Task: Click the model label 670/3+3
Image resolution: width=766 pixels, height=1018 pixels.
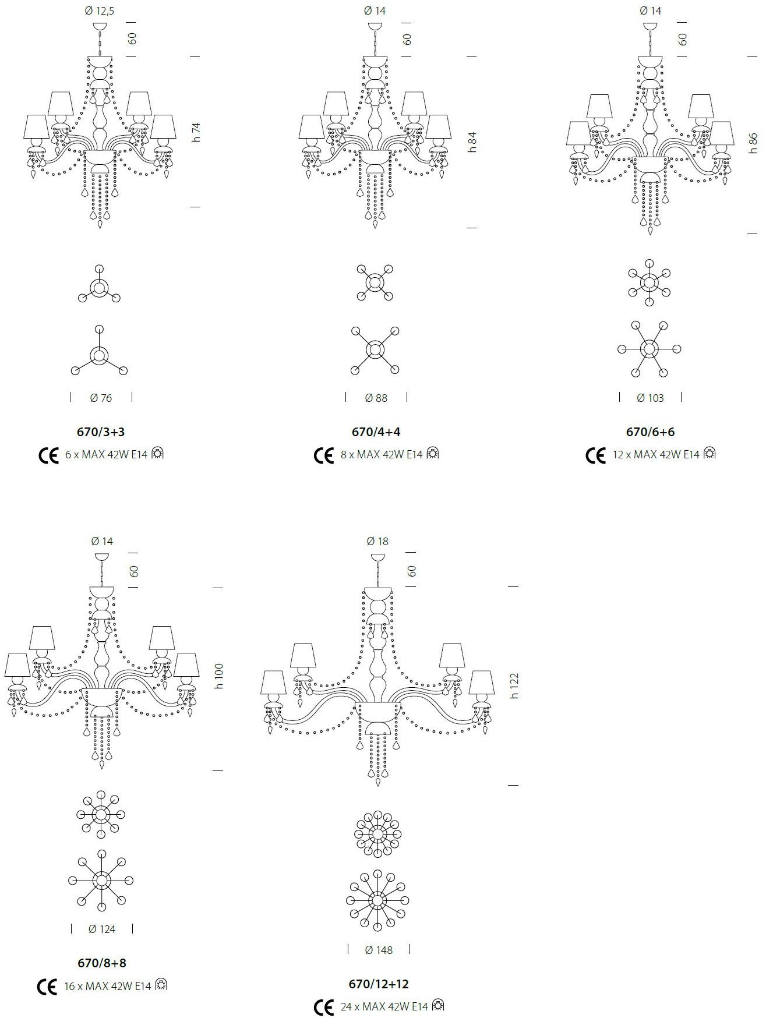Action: (101, 432)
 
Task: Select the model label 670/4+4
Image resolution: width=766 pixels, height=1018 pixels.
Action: (376, 432)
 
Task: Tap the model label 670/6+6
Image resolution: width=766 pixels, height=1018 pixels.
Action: (650, 432)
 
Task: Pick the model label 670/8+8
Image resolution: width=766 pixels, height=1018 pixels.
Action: (101, 963)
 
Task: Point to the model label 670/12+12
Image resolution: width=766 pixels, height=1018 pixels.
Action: (379, 984)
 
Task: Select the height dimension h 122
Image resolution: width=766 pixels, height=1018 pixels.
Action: (514, 686)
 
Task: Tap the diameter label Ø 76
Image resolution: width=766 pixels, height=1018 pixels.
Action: (101, 398)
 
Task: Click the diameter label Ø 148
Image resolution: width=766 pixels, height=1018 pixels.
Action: (379, 950)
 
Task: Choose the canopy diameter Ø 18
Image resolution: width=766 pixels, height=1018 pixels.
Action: (377, 541)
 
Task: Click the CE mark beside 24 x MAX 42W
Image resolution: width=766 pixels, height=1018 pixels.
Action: (324, 1007)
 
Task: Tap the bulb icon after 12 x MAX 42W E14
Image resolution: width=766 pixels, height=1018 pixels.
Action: (709, 453)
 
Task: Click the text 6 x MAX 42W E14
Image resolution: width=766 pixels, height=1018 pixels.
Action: (106, 455)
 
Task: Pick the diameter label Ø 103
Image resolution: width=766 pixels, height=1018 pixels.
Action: (650, 398)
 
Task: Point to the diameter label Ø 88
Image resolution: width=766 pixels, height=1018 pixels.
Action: (376, 398)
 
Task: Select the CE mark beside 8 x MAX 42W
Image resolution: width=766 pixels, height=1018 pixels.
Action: (324, 455)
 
